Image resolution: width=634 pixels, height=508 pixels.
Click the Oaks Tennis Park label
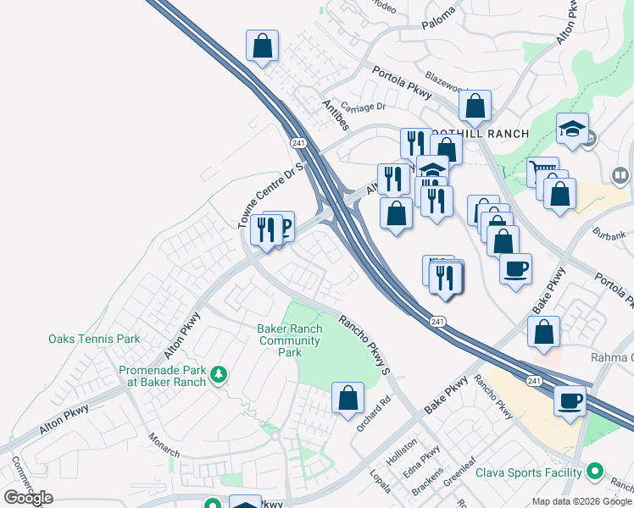(93, 339)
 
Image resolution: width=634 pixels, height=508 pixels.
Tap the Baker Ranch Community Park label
(289, 340)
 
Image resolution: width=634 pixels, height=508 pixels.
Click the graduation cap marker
(572, 130)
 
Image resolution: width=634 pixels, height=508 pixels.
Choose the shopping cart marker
(542, 173)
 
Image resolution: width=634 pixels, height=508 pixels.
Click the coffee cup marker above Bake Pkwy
(515, 270)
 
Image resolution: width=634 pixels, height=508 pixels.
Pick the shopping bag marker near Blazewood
(475, 107)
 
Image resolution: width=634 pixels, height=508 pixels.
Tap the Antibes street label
(336, 115)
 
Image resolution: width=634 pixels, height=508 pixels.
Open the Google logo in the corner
(29, 497)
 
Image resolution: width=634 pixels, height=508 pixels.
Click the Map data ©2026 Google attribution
(581, 501)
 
